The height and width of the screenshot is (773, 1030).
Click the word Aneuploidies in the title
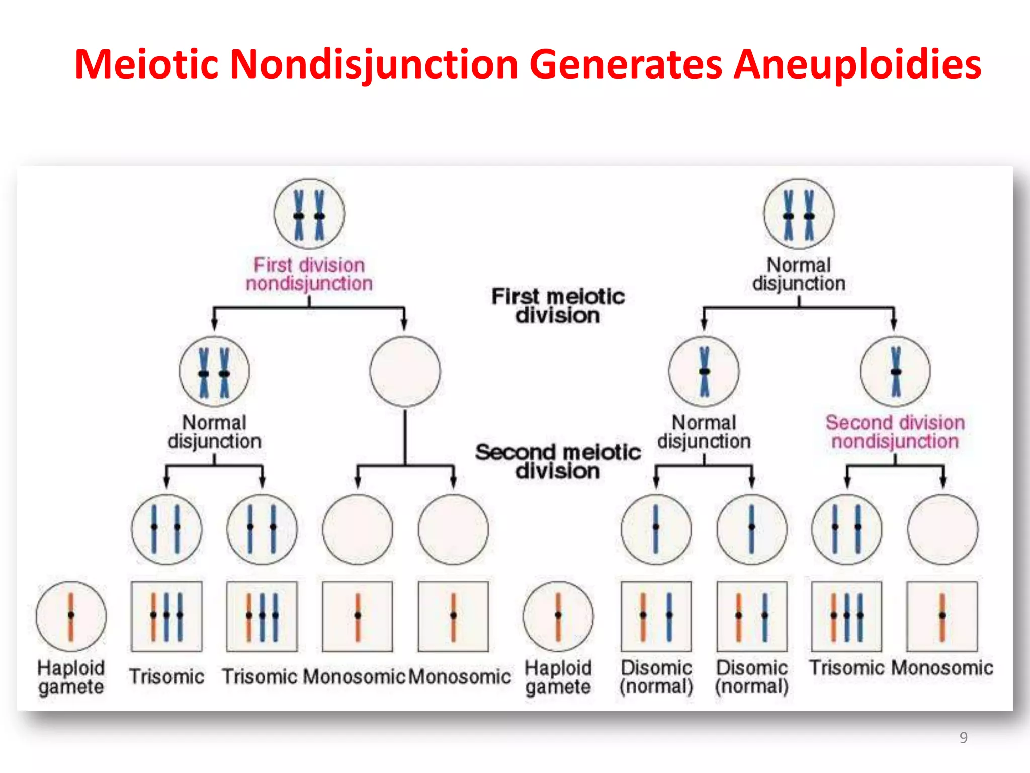point(857,64)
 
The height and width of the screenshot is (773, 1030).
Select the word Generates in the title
point(626,64)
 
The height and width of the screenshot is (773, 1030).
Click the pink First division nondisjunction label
point(309,274)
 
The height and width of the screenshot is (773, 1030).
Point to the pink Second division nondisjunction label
point(895,432)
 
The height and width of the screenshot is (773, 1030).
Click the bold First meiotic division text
point(558,305)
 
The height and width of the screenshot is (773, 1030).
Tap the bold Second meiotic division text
point(558,461)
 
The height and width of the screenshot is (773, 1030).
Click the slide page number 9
point(963,737)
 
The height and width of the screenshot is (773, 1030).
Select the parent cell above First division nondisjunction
point(309,214)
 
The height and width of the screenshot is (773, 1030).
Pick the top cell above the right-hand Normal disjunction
point(799,214)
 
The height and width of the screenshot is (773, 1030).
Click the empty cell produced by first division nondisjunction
point(405,371)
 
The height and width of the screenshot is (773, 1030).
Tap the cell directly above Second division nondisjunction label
point(895,371)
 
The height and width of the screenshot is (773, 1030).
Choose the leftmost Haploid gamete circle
point(71,616)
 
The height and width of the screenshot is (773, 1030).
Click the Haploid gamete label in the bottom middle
point(558,677)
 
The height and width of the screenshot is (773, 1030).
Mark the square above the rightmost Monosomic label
point(942,616)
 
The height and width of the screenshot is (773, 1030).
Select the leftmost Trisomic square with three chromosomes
point(166,616)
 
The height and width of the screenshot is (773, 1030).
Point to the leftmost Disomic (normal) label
point(656,677)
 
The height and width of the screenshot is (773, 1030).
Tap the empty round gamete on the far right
point(943,529)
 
